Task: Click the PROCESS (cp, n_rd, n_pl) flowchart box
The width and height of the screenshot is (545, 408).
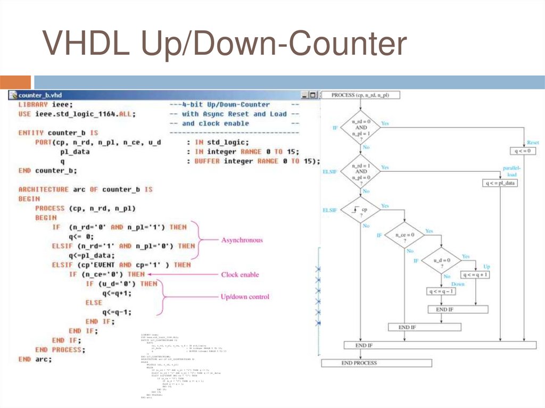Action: (360, 95)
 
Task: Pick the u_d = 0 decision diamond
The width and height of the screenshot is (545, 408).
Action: (441, 261)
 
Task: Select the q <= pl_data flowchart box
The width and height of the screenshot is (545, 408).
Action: (500, 183)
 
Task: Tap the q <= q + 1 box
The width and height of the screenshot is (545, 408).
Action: (476, 275)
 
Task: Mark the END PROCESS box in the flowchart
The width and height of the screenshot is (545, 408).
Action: (359, 363)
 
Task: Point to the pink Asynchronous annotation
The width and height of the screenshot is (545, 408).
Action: (242, 240)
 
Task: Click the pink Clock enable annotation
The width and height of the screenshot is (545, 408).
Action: (240, 274)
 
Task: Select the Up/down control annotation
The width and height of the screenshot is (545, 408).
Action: (245, 296)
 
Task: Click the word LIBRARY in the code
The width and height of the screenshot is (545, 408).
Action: (33, 104)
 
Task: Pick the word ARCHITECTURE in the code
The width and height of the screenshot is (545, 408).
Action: (44, 189)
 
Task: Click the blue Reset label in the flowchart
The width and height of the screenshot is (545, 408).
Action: (533, 143)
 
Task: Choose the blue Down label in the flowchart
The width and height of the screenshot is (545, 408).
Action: (458, 284)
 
